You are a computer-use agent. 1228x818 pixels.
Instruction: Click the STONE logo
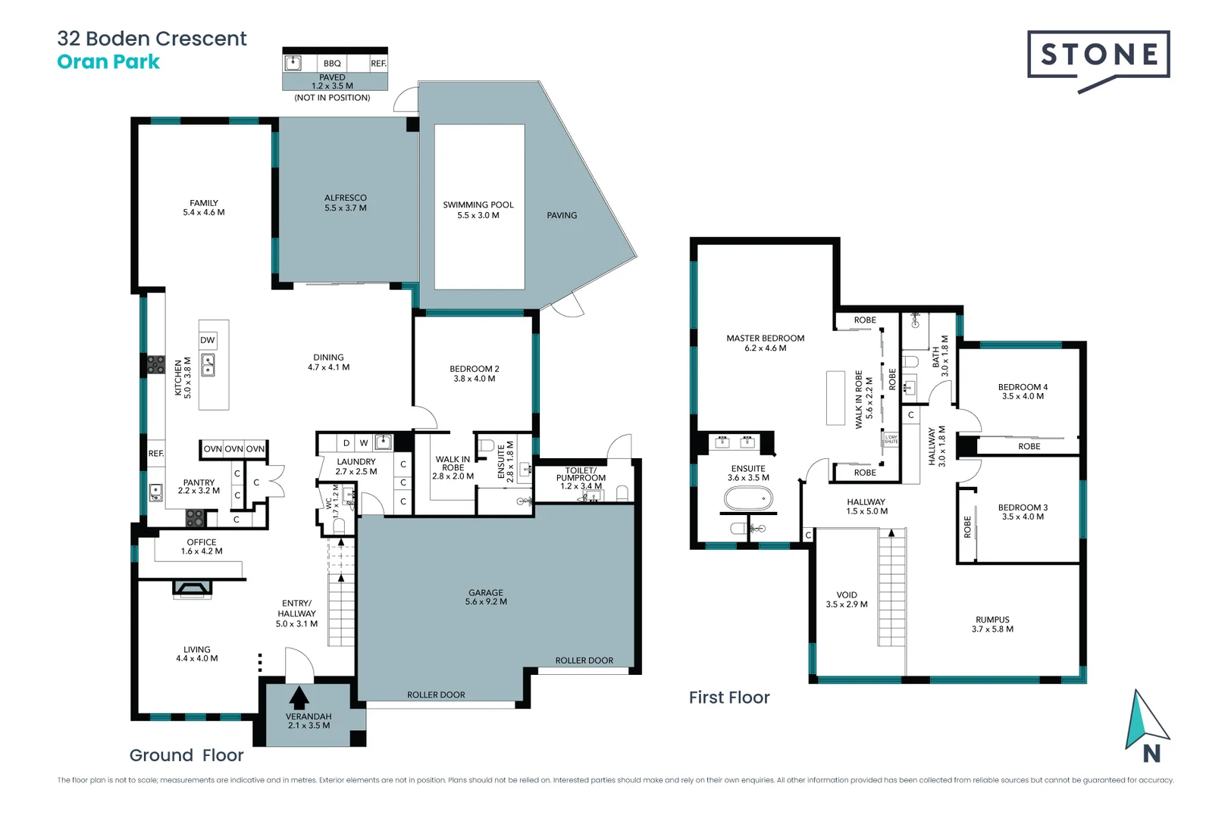[1098, 55]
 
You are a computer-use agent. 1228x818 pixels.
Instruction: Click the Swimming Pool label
[478, 205]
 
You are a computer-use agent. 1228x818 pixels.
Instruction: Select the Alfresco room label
[346, 198]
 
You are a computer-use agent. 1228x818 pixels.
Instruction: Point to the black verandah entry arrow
[299, 698]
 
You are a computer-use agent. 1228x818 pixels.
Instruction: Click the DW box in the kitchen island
[208, 340]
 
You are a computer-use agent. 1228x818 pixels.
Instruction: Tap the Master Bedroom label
[765, 339]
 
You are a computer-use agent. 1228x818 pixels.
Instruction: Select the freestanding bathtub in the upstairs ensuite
[748, 498]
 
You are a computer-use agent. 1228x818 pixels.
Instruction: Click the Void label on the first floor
[847, 595]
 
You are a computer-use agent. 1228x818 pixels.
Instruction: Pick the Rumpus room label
[992, 620]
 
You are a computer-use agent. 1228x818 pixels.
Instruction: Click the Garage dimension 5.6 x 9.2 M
[486, 602]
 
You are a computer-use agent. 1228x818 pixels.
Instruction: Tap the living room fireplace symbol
[192, 588]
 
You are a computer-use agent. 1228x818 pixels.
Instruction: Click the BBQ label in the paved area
[332, 64]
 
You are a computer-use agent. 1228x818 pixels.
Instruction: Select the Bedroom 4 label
[1023, 387]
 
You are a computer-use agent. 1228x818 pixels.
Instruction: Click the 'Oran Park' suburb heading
[108, 62]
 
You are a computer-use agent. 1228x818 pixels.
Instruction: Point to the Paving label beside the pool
[562, 216]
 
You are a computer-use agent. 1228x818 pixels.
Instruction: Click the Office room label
[202, 542]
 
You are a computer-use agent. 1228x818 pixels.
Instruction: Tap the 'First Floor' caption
[728, 698]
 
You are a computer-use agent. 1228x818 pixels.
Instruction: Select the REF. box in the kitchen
[156, 454]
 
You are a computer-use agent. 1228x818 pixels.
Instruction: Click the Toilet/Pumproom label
[581, 474]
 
